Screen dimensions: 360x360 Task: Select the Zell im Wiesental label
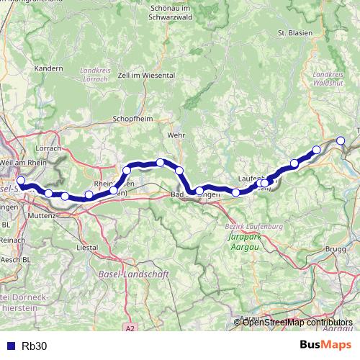[x=148, y=75]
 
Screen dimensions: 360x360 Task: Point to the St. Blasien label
[x=293, y=33]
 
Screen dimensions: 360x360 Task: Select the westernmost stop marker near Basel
[x=21, y=181]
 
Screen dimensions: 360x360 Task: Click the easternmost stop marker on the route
[x=341, y=140]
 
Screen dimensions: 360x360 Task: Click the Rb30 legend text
[x=34, y=345]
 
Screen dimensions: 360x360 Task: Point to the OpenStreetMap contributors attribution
[x=297, y=322]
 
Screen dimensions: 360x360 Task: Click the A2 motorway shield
[x=130, y=328]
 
